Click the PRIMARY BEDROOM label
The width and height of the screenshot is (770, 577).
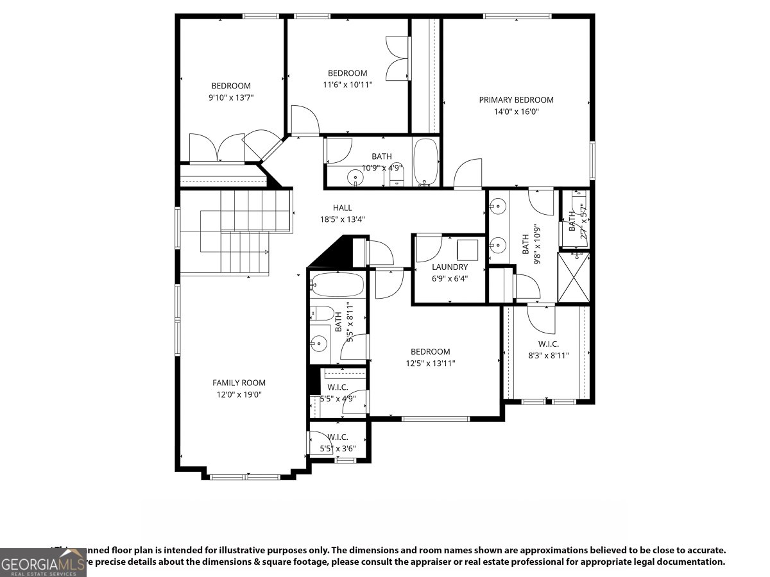pos(516,99)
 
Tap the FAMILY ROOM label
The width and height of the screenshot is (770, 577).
pos(239,383)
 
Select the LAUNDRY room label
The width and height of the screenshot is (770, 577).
pos(449,267)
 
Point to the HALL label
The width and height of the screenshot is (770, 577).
pos(342,208)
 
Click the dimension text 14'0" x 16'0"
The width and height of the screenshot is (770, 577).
pos(516,112)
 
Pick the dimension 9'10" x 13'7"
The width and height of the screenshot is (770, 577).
pos(231,98)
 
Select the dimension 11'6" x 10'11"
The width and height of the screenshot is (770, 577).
pos(347,85)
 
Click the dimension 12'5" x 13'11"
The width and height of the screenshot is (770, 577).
pos(430,364)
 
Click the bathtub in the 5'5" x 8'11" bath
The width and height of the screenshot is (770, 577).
pos(338,285)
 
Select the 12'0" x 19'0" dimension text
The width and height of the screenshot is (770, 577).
pos(239,395)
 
